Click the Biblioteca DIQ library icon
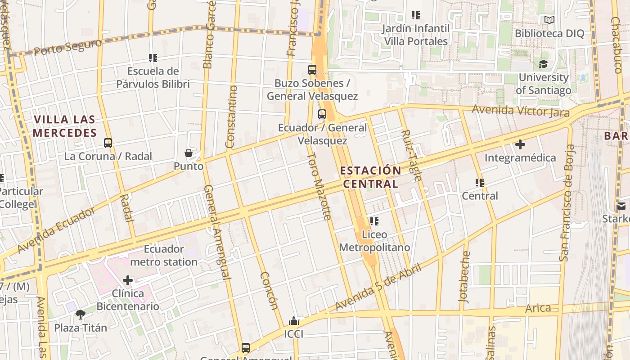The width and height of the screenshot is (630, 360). [549, 20]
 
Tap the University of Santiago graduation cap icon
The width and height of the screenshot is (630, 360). [543, 64]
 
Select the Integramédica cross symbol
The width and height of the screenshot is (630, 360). [520, 145]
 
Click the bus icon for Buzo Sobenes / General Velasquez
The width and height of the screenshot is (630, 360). [312, 70]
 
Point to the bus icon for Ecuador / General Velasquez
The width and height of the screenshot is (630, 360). [322, 114]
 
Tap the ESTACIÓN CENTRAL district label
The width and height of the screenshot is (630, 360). [370, 177]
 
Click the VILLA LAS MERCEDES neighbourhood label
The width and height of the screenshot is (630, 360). [65, 126]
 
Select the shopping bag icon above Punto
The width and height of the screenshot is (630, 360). [189, 153]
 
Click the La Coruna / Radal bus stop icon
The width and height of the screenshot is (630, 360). [108, 143]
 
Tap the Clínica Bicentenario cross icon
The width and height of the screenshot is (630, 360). [128, 281]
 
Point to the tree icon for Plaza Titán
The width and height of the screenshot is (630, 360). [81, 315]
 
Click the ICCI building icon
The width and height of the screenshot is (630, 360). [294, 321]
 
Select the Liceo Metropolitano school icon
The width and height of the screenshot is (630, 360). [374, 221]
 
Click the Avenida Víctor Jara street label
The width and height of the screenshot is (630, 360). [520, 110]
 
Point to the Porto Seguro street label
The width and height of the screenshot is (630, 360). [68, 47]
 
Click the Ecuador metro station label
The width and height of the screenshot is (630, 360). [164, 255]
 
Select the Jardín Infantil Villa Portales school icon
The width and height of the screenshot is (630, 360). [415, 16]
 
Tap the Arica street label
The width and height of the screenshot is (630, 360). [538, 308]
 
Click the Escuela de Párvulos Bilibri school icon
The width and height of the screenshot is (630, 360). [153, 58]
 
